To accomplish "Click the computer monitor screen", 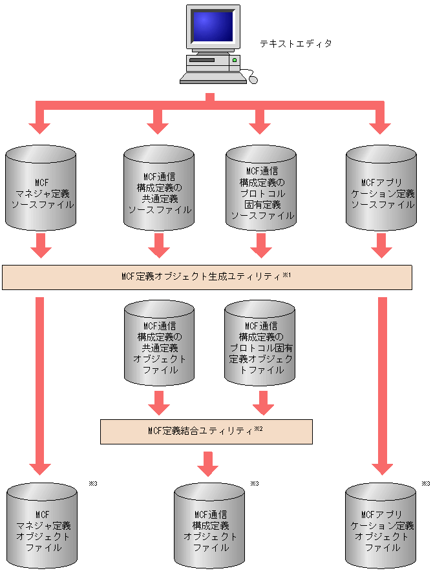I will pyautogui.click(x=211, y=26).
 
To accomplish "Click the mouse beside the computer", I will pyautogui.click(x=253, y=80).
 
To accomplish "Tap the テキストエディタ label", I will pyautogui.click(x=295, y=44).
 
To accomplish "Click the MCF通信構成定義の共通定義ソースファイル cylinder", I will pyautogui.click(x=159, y=189).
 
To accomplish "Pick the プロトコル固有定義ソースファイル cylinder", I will pyautogui.click(x=262, y=189).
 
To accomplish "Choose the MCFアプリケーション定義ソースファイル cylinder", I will pyautogui.click(x=382, y=189).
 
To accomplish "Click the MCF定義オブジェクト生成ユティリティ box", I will pyautogui.click(x=207, y=276).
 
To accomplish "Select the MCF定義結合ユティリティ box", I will pyautogui.click(x=206, y=431).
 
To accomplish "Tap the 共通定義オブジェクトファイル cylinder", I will pyautogui.click(x=159, y=344).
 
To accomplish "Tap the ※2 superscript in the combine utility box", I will pyautogui.click(x=259, y=428).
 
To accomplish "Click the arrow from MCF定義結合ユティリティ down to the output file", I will pyautogui.click(x=207, y=463).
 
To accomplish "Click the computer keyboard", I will pyautogui.click(x=213, y=78).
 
